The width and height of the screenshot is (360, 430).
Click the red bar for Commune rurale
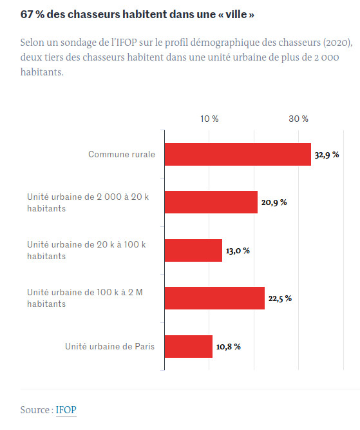coord(238,155)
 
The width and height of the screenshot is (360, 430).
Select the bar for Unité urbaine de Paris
coord(188,346)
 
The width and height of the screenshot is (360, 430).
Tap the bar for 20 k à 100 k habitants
coord(193,250)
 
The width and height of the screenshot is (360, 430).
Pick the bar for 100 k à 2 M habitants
coord(214,298)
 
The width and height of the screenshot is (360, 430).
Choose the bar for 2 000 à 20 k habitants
coord(211,202)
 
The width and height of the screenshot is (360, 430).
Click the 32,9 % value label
coord(327,155)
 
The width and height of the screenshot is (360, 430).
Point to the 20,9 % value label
coord(274,202)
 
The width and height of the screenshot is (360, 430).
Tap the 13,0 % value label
coord(238,250)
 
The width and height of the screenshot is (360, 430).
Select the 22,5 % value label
coord(279,298)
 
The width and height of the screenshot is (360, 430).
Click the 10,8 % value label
coord(228,347)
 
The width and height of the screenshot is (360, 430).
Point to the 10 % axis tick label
coord(209,119)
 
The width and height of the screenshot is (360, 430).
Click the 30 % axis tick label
coord(298,119)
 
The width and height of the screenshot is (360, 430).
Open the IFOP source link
coord(66,409)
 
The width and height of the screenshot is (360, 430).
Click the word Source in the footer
coord(35,409)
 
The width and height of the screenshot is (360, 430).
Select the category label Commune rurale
coord(122,155)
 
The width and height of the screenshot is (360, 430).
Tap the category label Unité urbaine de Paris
coord(109,346)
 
